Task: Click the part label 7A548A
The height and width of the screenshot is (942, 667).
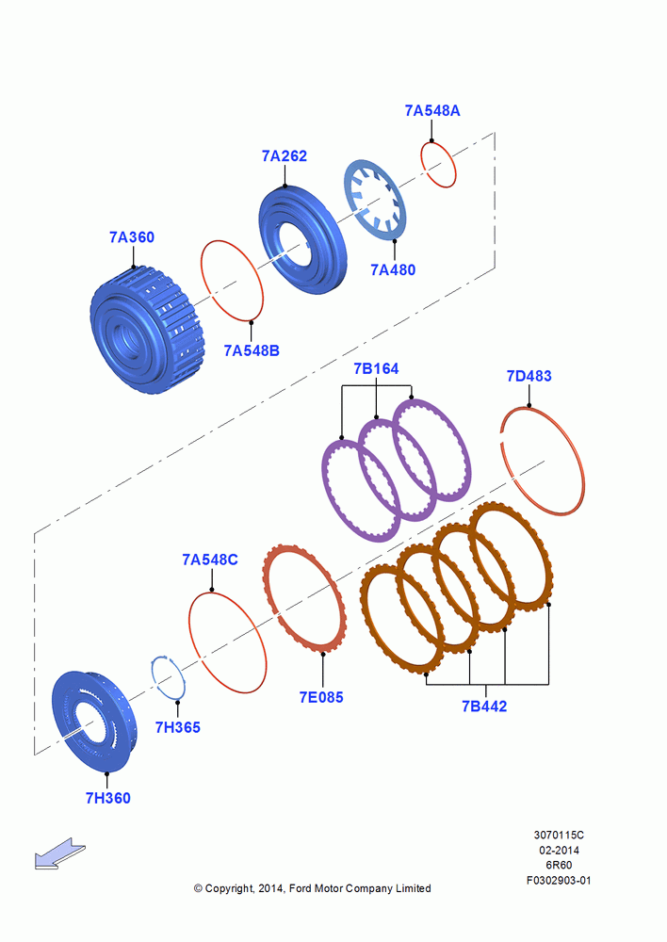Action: [x=432, y=110]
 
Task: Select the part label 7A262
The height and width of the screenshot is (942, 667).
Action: [x=285, y=155]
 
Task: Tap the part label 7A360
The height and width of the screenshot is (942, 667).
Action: [x=132, y=237]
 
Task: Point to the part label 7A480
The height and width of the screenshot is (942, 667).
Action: [x=393, y=269]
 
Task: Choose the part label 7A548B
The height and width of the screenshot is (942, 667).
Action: [x=252, y=350]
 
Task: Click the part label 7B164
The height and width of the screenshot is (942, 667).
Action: [x=376, y=368]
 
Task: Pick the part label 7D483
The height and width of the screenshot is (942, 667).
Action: [x=529, y=376]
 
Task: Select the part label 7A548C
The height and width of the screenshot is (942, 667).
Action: [x=210, y=560]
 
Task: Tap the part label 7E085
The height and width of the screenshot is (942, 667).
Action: [x=321, y=697]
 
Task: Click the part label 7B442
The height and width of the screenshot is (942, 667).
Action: [x=484, y=706]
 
